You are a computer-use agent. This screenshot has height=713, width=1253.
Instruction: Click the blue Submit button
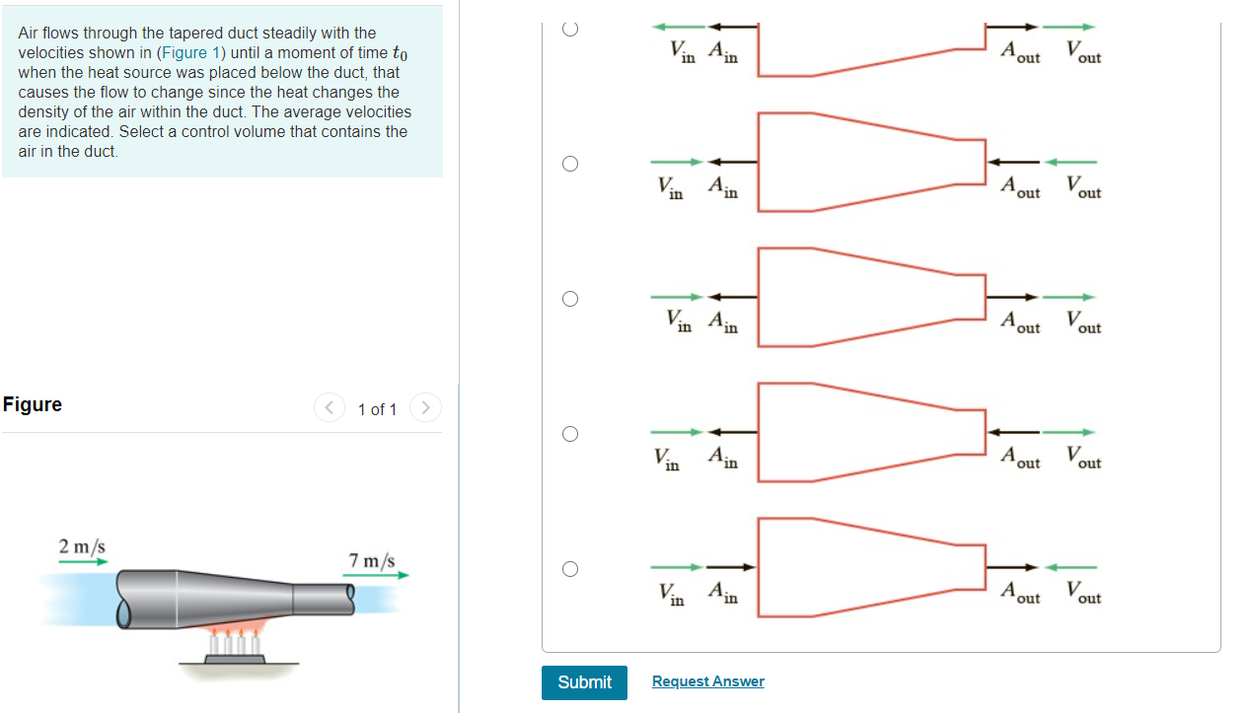[584, 682]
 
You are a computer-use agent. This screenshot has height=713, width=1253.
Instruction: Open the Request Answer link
[707, 681]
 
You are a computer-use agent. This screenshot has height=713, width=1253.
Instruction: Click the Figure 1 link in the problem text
[184, 52]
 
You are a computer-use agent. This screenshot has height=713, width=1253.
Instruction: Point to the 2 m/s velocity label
[82, 546]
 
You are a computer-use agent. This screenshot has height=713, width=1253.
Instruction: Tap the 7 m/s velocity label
[372, 560]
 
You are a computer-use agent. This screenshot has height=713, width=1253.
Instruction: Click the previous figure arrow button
[329, 408]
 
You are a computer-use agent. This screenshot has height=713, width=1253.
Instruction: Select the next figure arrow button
[425, 408]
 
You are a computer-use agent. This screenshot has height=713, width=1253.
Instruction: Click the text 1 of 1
[377, 409]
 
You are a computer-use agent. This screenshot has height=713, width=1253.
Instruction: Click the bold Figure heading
[33, 404]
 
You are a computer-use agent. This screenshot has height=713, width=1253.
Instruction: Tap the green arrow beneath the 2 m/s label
[83, 561]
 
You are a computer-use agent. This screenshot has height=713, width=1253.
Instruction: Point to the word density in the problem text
[42, 111]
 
